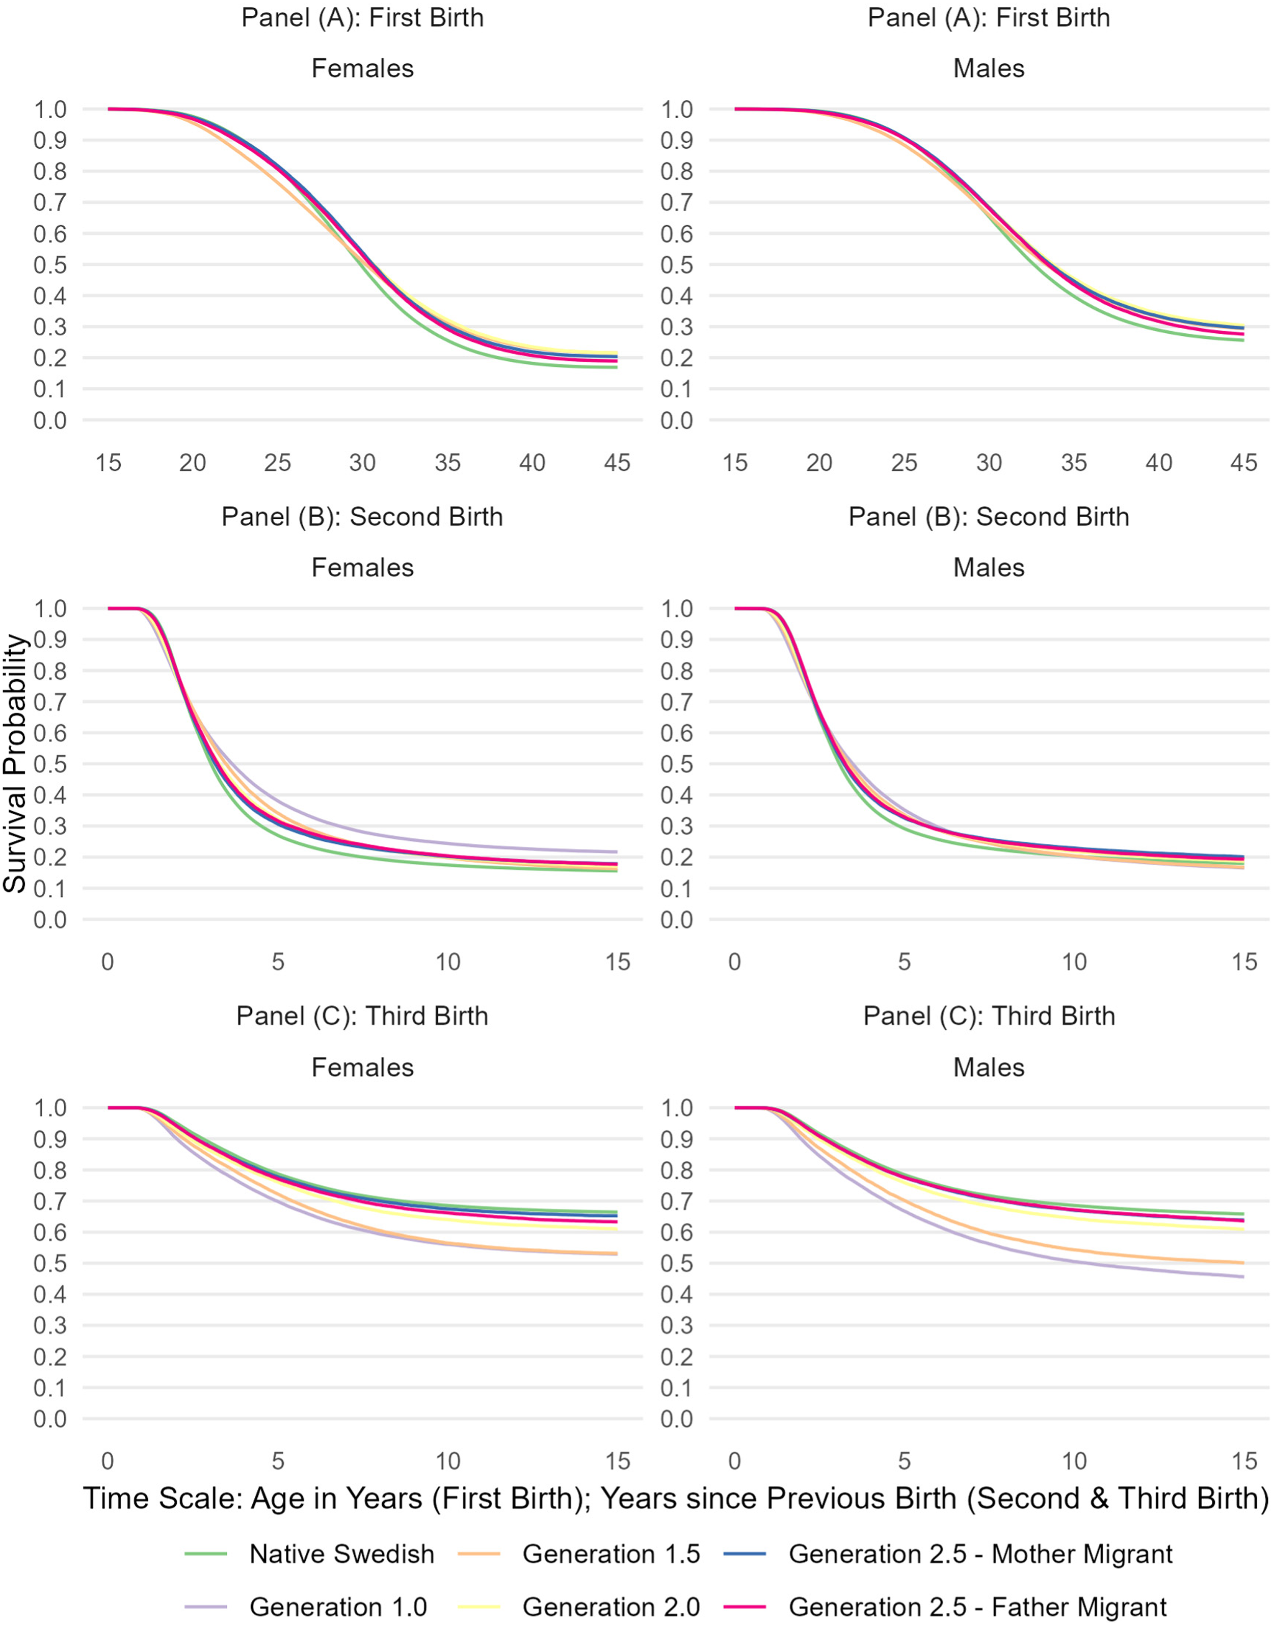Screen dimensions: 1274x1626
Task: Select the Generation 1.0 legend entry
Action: point(306,1607)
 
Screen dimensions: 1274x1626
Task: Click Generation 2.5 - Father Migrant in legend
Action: point(945,1607)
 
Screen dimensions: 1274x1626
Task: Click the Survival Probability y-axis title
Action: point(15,764)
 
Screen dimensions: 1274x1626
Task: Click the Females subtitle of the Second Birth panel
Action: point(362,568)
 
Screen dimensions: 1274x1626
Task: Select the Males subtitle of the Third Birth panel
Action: point(989,1068)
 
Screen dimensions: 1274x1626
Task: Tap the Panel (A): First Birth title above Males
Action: point(989,18)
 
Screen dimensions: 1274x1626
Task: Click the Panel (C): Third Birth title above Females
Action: point(362,1016)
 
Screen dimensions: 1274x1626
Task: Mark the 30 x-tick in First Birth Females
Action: point(362,463)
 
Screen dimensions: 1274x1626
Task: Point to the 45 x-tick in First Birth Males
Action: point(1244,463)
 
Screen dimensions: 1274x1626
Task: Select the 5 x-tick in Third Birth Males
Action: point(904,1461)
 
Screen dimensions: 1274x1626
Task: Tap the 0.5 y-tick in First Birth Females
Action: point(50,265)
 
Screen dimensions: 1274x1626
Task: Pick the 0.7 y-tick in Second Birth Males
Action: point(677,702)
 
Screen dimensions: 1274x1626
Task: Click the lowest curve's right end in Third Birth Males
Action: point(1243,1277)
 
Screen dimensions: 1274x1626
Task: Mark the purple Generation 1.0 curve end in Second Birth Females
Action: point(617,852)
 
